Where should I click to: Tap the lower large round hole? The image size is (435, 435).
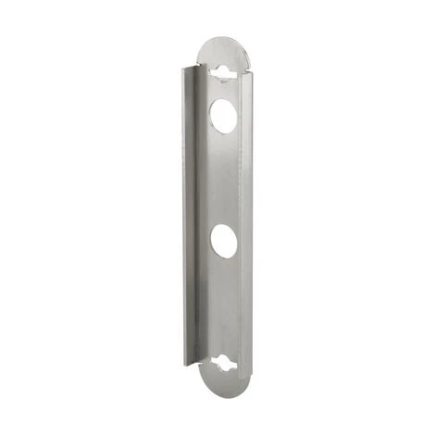[223, 242]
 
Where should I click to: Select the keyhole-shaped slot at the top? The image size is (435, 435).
[222, 71]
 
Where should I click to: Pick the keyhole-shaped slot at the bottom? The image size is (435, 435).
[224, 363]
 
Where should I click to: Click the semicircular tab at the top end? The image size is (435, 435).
[223, 52]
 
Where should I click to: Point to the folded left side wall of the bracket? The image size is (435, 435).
[190, 213]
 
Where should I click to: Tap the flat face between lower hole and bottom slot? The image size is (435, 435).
[223, 305]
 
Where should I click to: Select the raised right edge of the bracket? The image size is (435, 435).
[247, 213]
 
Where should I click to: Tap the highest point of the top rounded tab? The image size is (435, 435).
[223, 38]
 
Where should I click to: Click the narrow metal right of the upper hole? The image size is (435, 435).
[242, 115]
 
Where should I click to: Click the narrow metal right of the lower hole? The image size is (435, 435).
[242, 242]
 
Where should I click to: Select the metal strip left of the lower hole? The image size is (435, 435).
[205, 242]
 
